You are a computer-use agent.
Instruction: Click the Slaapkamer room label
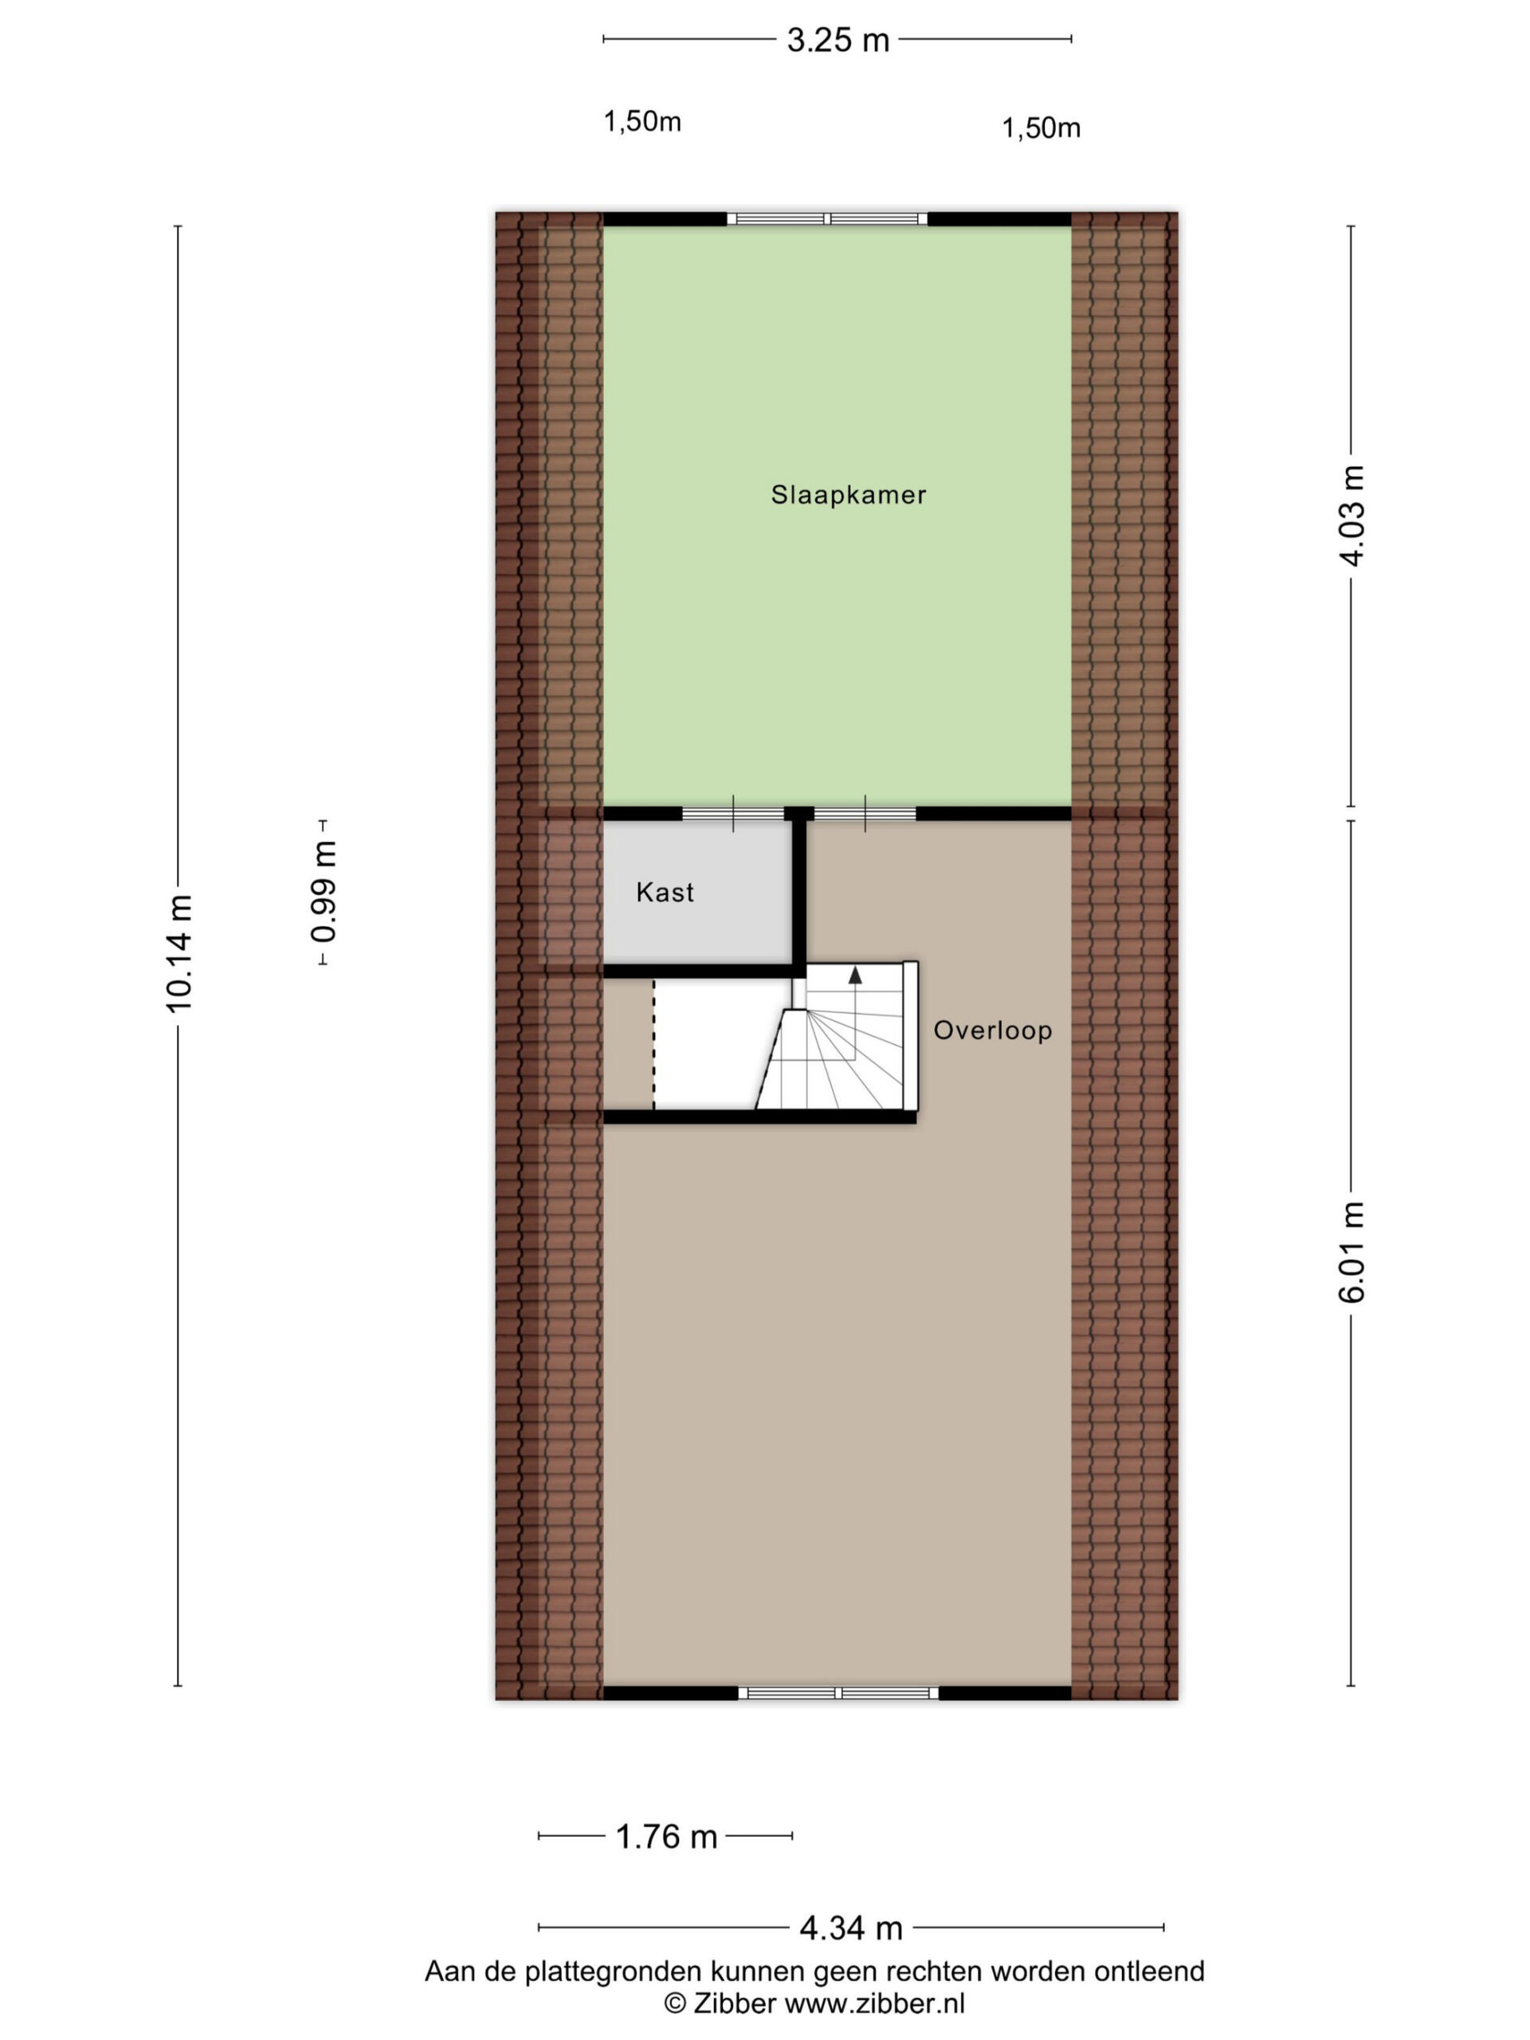pos(849,494)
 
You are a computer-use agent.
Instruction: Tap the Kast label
pos(665,892)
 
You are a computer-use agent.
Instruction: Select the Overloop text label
pos(992,1030)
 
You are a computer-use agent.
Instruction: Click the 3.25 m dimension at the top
pos(838,40)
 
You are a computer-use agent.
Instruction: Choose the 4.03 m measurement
pos(1351,516)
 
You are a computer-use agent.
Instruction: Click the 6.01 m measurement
pos(1351,1251)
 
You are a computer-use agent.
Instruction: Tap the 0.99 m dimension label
pos(324,892)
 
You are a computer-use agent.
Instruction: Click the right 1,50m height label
pos(1042,128)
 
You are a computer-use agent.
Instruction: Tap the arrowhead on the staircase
pos(855,974)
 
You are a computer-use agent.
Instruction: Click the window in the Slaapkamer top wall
pos(827,218)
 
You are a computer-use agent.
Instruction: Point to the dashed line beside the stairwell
pos(654,1043)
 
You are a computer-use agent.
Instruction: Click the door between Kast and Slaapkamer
pos(733,814)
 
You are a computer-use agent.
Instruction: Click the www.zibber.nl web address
pos(874,2003)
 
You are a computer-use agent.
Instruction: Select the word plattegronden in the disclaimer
pos(612,1973)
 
